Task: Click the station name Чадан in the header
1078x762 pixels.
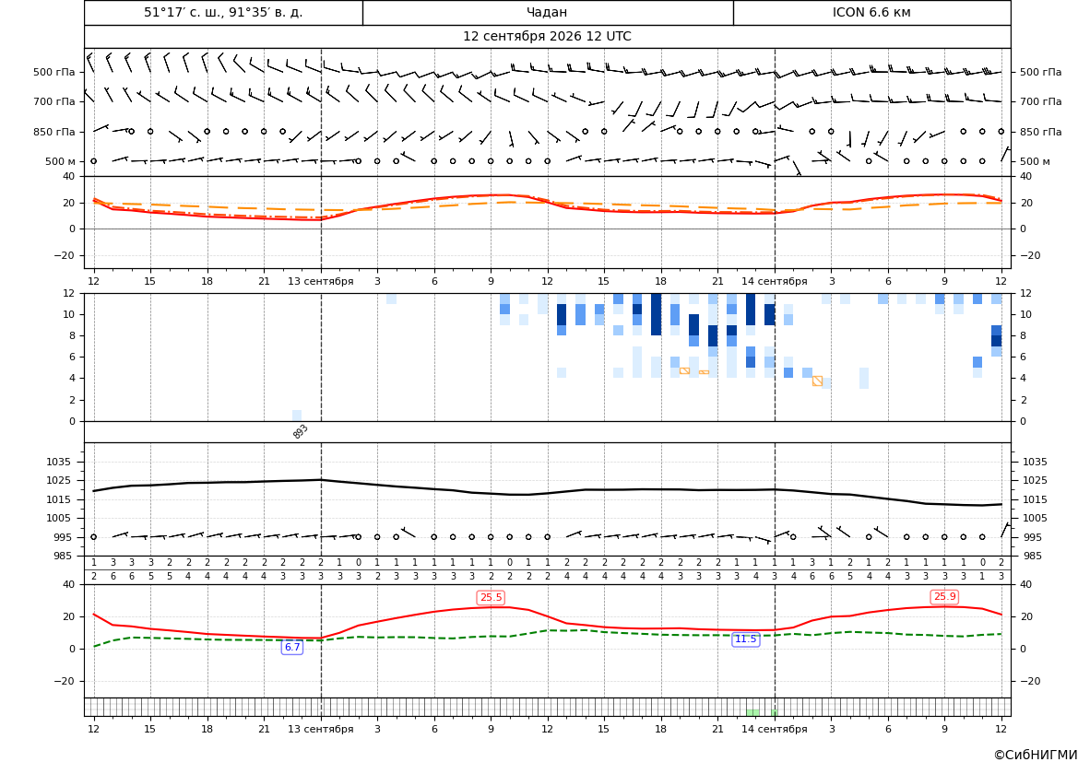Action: [547, 12]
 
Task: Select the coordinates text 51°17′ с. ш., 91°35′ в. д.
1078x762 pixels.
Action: [223, 12]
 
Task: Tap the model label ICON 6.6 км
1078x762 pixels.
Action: [871, 12]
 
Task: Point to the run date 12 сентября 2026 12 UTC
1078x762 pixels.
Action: [547, 37]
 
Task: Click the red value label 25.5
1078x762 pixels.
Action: [491, 597]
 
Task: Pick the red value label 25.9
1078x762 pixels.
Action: [944, 596]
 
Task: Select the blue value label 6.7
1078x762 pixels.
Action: [292, 647]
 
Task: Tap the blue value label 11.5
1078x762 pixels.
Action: [745, 639]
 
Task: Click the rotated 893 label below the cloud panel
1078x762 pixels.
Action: [301, 431]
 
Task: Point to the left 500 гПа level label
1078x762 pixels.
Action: [53, 72]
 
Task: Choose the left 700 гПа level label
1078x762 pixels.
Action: [53, 101]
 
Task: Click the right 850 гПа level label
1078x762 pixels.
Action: [1041, 132]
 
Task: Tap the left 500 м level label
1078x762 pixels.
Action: [60, 161]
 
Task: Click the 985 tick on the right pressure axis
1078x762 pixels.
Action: [1035, 556]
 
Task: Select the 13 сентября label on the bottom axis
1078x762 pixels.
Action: [320, 728]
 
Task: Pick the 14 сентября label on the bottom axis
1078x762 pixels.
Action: [774, 728]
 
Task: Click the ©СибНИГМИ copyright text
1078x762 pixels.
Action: [1036, 755]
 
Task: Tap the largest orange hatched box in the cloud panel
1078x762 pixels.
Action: [817, 381]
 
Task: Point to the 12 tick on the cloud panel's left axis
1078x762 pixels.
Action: [69, 293]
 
